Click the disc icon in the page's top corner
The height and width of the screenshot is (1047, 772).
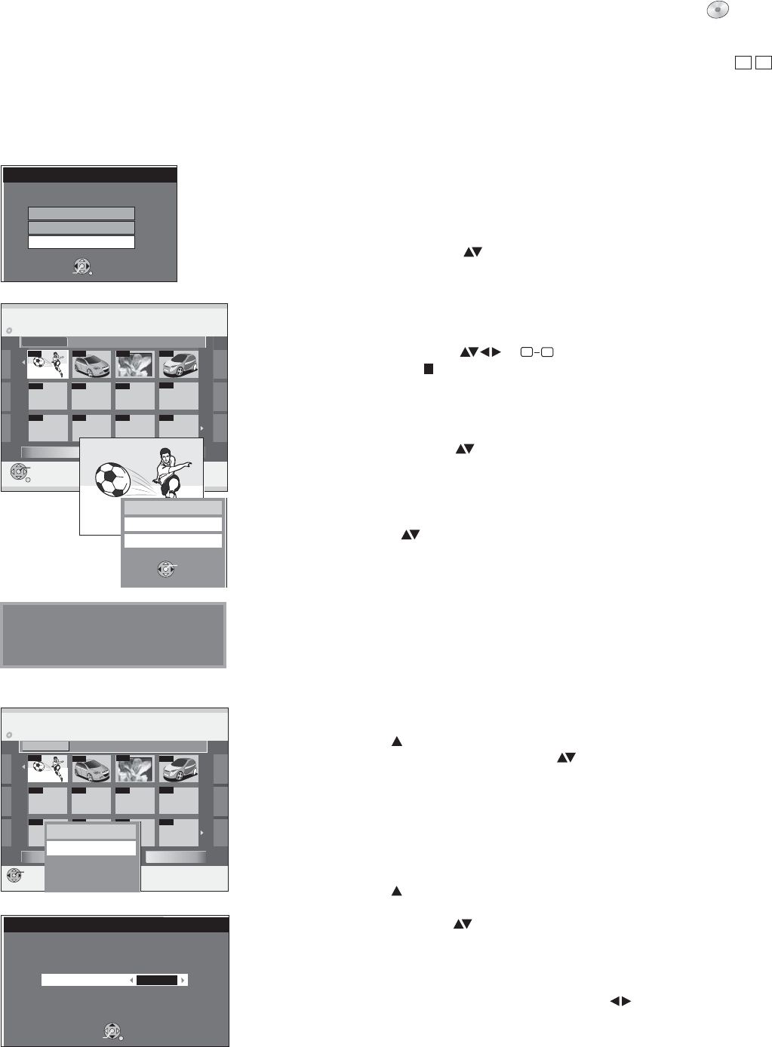point(718,8)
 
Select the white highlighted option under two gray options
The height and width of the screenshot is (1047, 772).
point(82,242)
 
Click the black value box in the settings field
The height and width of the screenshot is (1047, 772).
point(156,980)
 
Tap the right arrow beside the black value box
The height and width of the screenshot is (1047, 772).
point(183,980)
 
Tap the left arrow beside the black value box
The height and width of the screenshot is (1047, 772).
point(131,980)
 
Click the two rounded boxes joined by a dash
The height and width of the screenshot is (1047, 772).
point(532,352)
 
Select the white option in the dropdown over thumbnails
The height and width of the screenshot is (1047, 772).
point(91,849)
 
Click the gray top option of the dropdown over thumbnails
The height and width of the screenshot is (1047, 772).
point(91,831)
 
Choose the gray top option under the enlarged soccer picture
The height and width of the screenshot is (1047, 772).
point(173,507)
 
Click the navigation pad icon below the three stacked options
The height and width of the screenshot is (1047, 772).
point(82,266)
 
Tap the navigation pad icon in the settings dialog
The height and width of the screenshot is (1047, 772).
point(112,1030)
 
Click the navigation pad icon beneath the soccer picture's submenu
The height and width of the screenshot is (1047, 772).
point(167,570)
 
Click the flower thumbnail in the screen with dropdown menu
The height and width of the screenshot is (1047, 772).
point(135,769)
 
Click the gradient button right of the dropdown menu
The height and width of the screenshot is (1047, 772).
point(175,857)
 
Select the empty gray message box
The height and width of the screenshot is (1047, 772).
point(113,635)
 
